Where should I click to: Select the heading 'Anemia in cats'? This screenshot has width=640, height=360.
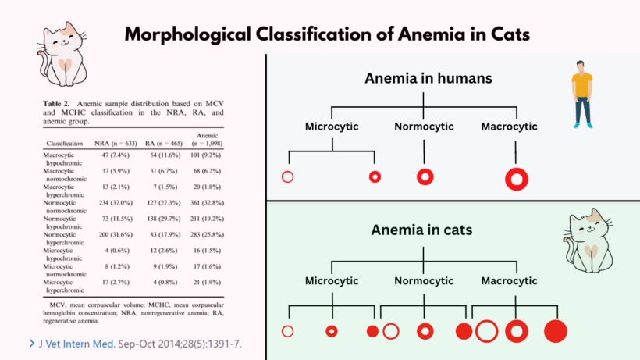point(422,231)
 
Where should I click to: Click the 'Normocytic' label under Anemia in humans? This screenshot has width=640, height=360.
point(424,127)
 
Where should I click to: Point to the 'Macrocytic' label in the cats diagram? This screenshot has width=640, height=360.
point(509,280)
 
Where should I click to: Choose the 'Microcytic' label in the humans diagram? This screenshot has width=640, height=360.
point(333,127)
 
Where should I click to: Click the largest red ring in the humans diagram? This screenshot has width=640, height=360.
point(517,178)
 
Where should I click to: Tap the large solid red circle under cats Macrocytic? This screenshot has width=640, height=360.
point(556,331)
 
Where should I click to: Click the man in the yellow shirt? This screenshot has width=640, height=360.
point(581,94)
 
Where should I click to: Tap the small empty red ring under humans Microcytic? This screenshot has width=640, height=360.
point(287,177)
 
